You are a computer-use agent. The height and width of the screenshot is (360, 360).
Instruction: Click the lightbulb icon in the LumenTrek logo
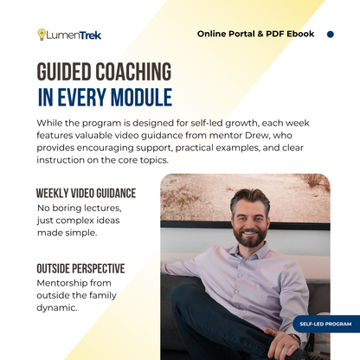pos(41,35)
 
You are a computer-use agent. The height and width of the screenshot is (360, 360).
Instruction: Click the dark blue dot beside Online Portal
pos(330,35)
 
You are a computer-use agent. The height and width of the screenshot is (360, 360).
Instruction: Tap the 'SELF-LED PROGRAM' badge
pos(325,325)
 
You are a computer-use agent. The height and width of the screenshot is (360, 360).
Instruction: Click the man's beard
pos(250,237)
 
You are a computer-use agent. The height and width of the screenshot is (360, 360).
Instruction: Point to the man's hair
pos(250,197)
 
